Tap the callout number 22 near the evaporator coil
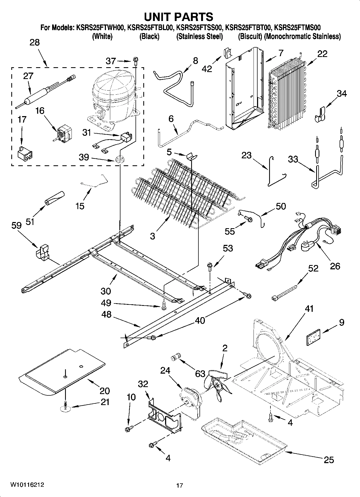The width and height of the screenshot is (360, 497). pos(322,54)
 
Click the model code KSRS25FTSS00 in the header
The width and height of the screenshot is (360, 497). pos(199,28)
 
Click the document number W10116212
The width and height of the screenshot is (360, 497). pos(27,485)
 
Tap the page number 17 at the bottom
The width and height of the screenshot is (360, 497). pos(180,485)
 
